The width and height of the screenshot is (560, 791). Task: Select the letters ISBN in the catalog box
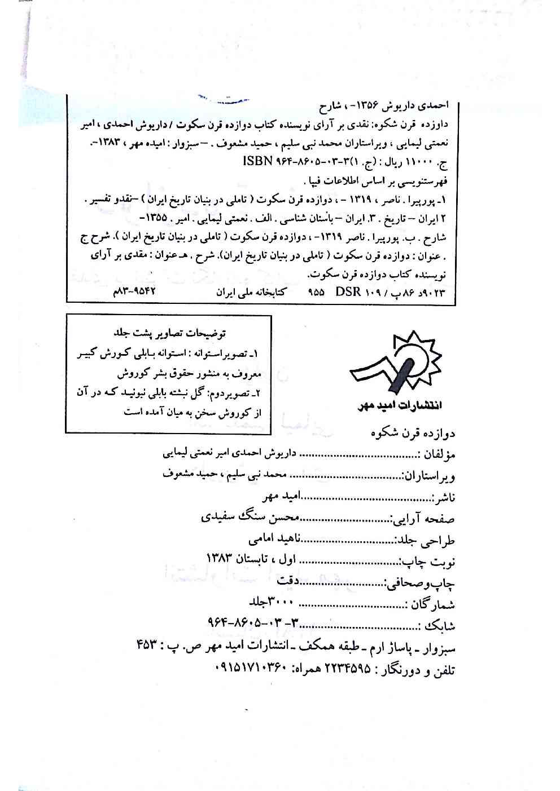coord(257,162)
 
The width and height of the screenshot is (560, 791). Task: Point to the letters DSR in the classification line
coord(349,293)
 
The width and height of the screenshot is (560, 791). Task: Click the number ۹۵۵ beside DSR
coord(316,293)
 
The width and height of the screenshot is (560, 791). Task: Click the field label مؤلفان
coord(439,454)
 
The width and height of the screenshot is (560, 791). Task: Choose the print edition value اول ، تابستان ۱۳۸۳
coord(252,560)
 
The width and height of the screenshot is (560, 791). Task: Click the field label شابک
coord(439,626)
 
